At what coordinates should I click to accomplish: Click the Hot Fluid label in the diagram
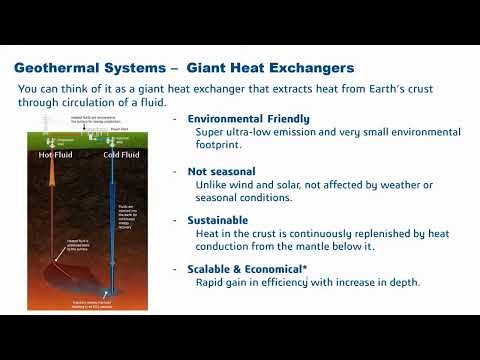point(55,156)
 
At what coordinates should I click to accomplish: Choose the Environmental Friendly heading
point(248,119)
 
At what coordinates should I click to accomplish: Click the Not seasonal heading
point(221,171)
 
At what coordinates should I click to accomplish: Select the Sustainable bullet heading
point(222,219)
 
